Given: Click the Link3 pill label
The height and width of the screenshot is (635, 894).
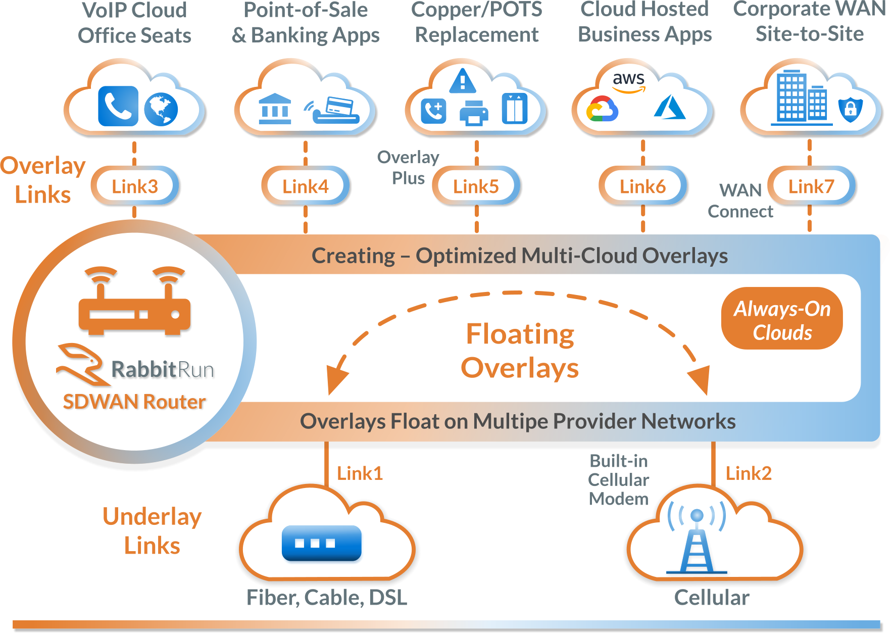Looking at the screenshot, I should pyautogui.click(x=134, y=186).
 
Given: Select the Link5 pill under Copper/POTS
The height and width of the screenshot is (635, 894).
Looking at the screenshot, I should pyautogui.click(x=476, y=186).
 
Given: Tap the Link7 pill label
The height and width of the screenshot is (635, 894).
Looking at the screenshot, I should pyautogui.click(x=811, y=186).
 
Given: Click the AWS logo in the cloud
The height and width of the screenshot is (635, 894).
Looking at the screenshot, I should pyautogui.click(x=628, y=82).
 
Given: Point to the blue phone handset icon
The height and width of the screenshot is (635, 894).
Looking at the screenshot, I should pyautogui.click(x=118, y=106).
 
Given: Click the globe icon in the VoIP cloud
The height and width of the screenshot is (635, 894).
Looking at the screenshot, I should pyautogui.click(x=161, y=109).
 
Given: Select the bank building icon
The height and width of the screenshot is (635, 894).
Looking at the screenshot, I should pyautogui.click(x=274, y=109).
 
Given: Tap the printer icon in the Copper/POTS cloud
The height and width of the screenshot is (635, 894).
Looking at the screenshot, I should pyautogui.click(x=473, y=113).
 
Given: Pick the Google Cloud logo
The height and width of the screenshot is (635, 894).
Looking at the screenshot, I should pyautogui.click(x=602, y=109).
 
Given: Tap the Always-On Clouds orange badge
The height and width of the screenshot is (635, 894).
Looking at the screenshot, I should pyautogui.click(x=781, y=319).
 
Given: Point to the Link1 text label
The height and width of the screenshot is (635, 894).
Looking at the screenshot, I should pyautogui.click(x=360, y=473).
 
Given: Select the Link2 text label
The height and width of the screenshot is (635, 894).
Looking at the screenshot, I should pyautogui.click(x=749, y=473).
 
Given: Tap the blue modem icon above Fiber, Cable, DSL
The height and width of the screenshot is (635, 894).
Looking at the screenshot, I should pyautogui.click(x=321, y=543).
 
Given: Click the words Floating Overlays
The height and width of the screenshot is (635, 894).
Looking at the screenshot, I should pyautogui.click(x=520, y=351).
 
